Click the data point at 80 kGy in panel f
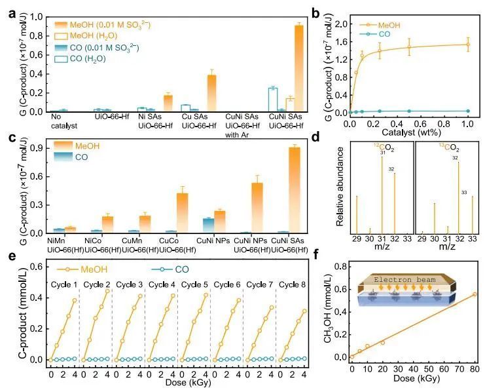(x=475, y=294)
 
